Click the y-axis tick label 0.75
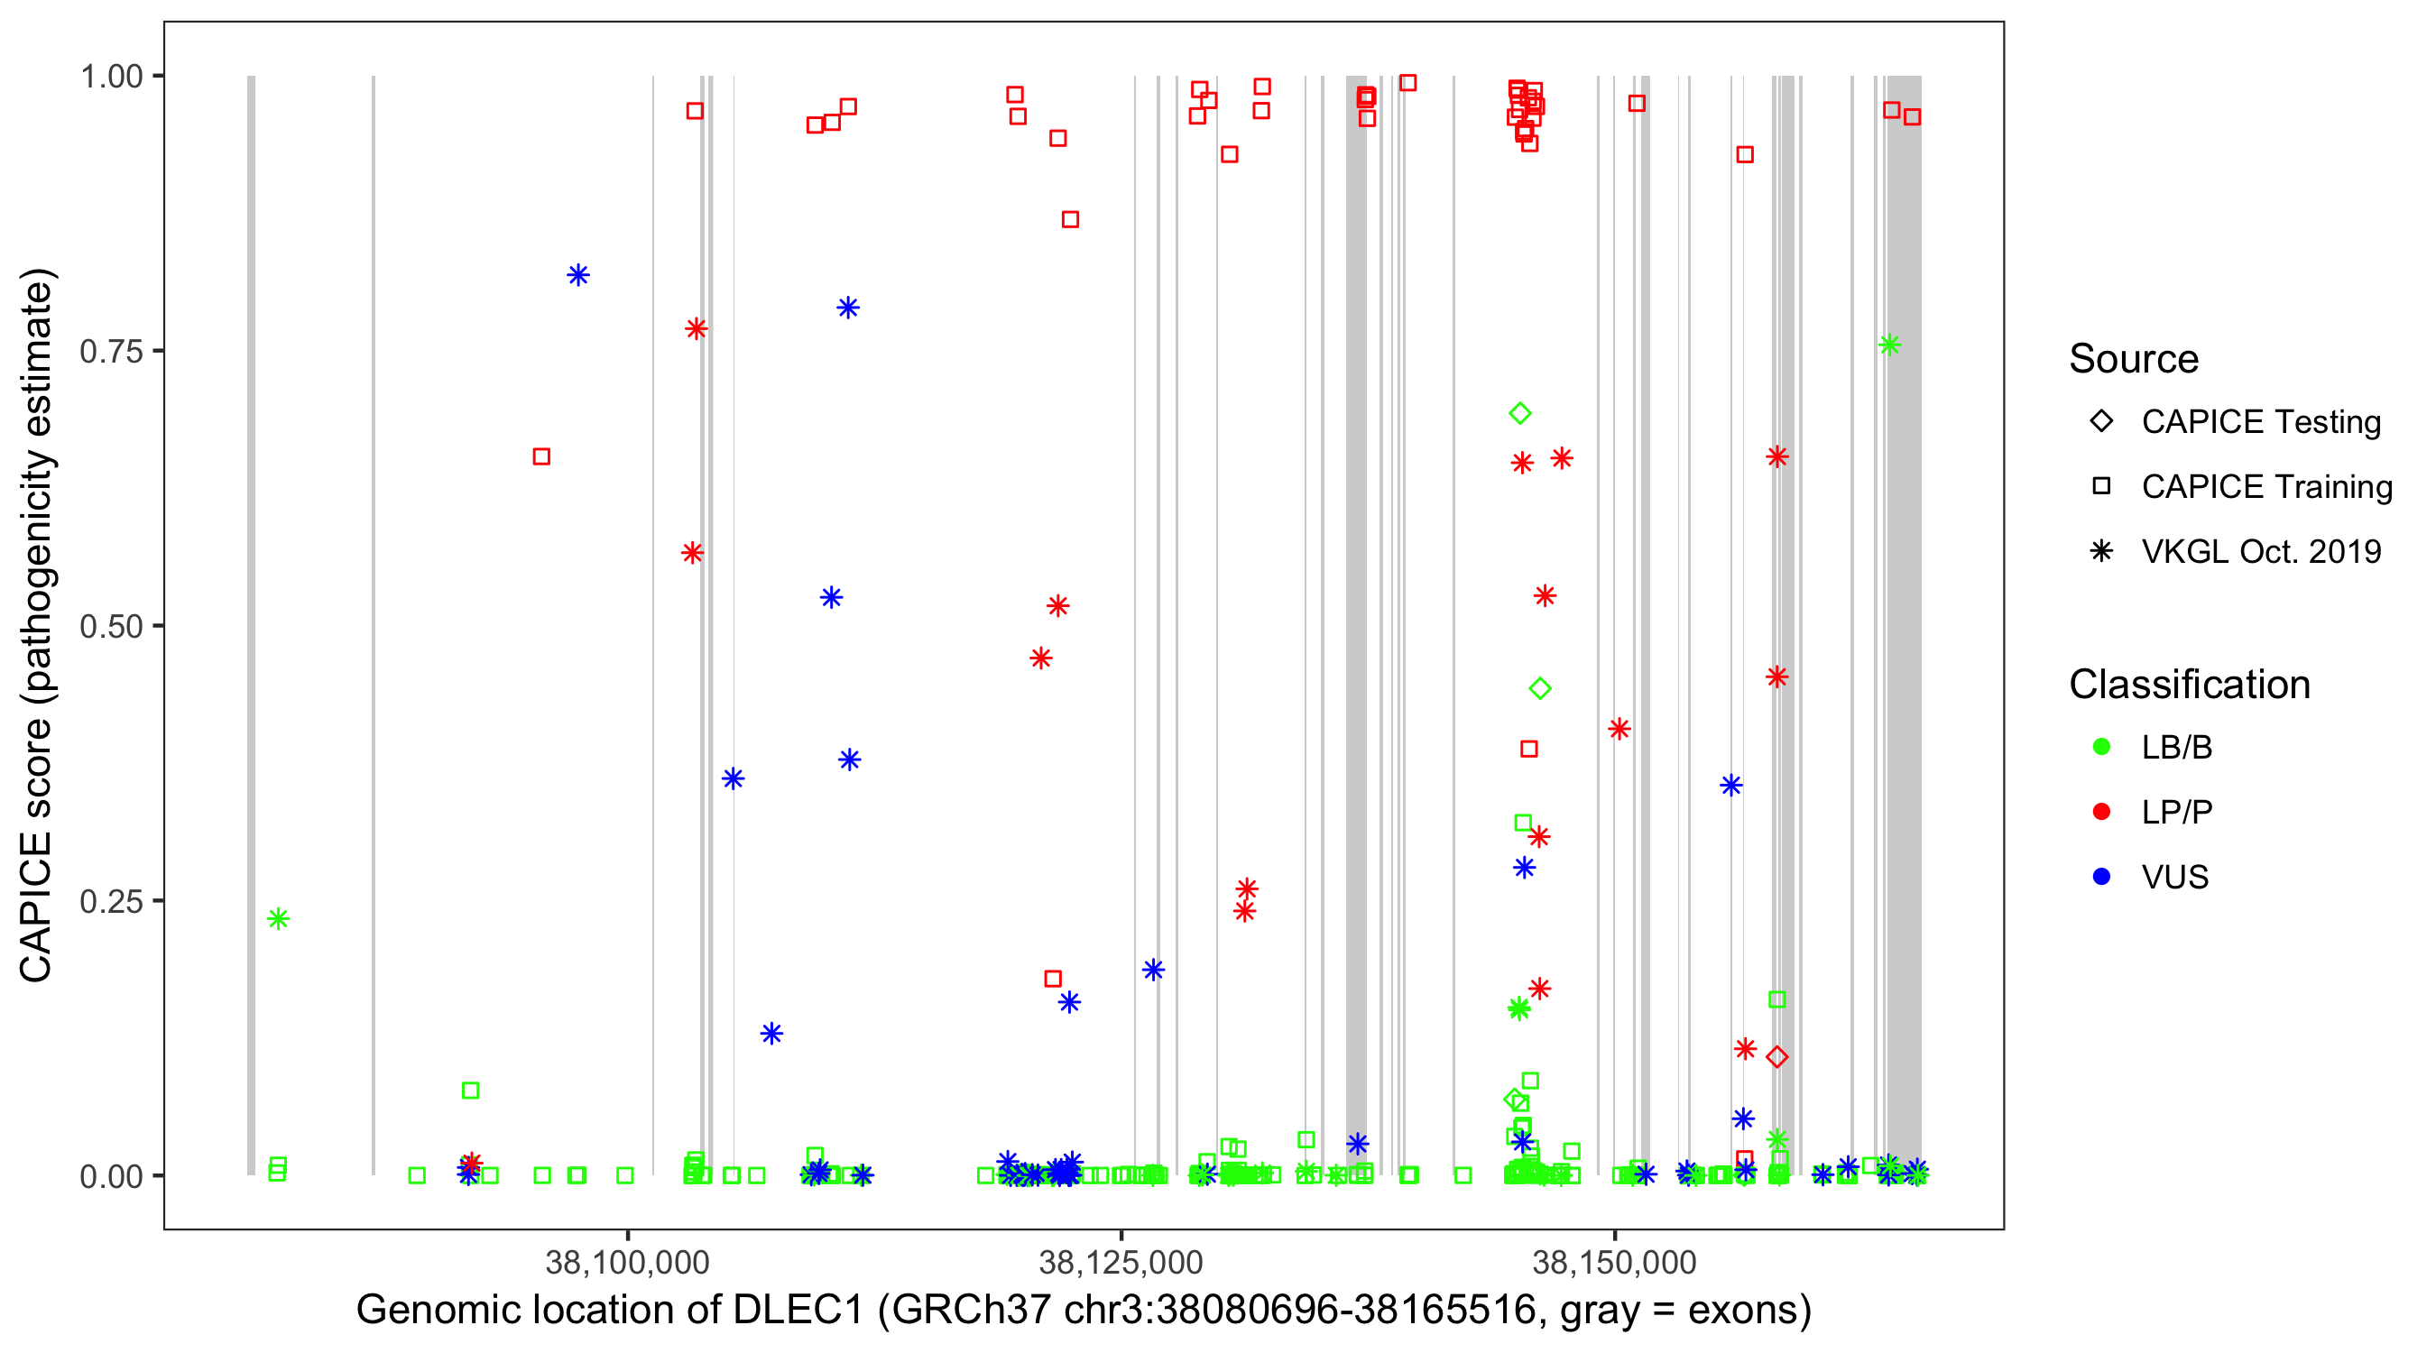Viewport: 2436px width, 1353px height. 110,352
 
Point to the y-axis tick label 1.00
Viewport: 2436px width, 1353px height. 110,77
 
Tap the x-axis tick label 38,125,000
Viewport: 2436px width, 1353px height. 1121,1262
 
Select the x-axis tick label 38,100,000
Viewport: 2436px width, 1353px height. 627,1262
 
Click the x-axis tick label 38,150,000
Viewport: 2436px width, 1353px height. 1614,1262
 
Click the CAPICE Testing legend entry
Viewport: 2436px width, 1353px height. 2260,422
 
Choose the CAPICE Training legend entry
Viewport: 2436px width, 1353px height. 2265,487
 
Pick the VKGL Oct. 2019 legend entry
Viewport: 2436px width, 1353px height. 2260,552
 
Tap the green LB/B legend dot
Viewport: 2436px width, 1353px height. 2101,748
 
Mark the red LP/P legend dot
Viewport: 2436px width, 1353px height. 2101,812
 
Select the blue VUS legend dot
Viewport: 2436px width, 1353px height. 2101,878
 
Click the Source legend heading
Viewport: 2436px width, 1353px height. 2134,359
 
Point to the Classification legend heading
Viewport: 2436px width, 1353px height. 2189,685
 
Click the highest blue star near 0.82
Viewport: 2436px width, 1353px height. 577,275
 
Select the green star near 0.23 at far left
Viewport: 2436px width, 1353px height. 278,919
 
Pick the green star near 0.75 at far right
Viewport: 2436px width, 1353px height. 1889,345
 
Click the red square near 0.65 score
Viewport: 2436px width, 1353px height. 542,457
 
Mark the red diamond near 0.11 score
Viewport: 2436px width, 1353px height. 1776,1057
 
